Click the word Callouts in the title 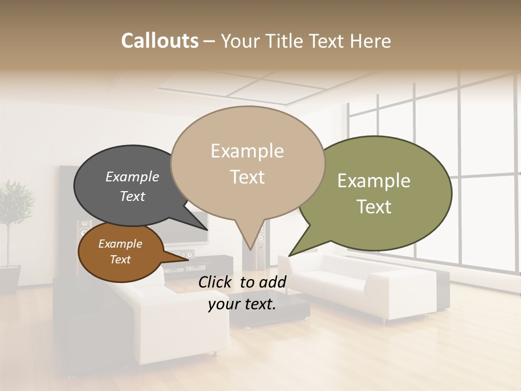160,41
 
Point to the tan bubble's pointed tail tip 250,249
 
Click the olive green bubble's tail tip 290,255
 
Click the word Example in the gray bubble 132,176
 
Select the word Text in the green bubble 374,206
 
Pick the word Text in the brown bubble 120,260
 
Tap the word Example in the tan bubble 247,150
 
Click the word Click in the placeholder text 216,282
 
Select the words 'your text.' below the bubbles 242,304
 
